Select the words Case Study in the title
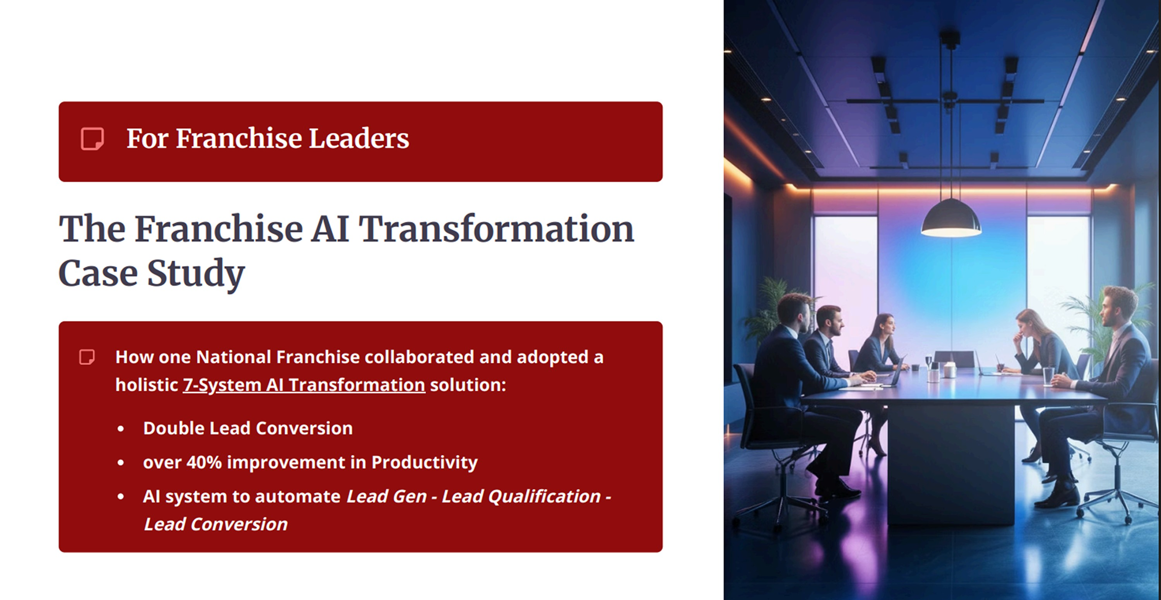[151, 273]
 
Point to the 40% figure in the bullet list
[204, 462]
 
